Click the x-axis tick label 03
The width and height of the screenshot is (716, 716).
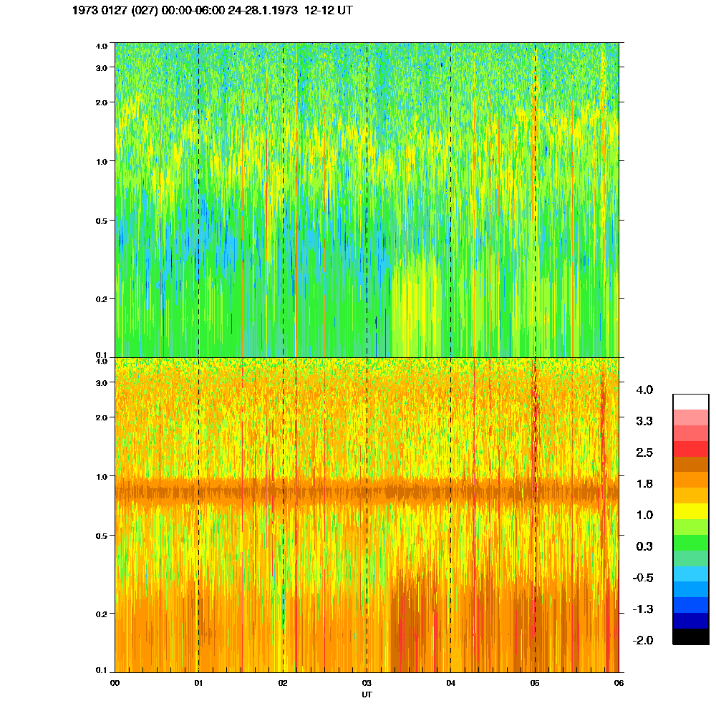(x=367, y=683)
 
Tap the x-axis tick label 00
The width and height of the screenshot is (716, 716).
(x=115, y=683)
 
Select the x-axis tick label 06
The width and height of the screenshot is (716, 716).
(x=619, y=683)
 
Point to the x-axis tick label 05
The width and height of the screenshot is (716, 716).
(x=535, y=683)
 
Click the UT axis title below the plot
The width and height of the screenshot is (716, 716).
(x=367, y=694)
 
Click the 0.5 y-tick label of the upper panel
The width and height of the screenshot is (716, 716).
(x=102, y=221)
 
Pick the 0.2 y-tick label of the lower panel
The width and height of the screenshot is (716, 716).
(x=102, y=614)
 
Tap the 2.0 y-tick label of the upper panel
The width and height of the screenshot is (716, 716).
(x=102, y=102)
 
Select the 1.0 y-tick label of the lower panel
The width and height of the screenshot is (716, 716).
(x=102, y=476)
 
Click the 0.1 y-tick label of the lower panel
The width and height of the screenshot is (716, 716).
(x=102, y=670)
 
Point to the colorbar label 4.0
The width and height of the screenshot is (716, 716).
(x=644, y=390)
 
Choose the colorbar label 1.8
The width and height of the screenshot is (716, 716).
(x=644, y=484)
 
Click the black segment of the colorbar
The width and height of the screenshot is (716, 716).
(x=690, y=637)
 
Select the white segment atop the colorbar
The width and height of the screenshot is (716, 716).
(x=690, y=401)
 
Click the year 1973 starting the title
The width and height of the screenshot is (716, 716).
(x=87, y=11)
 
